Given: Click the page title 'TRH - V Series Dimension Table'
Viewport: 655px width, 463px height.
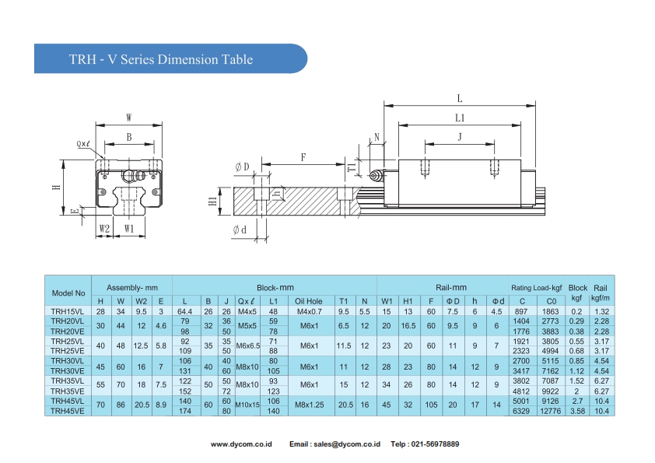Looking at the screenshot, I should (x=160, y=59).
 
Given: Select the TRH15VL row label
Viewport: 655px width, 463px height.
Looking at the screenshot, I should (x=68, y=311).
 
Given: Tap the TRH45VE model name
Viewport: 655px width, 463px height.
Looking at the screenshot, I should (x=68, y=411).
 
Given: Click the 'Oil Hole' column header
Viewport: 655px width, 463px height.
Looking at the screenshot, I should (x=309, y=301).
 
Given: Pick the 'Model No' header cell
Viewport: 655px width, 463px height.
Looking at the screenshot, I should (x=68, y=293).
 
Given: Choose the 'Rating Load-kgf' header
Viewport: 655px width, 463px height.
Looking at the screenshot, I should (x=536, y=287).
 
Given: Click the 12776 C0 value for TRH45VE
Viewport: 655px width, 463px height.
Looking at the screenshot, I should (x=551, y=411).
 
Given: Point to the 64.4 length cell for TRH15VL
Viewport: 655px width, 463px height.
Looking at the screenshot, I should (x=184, y=311).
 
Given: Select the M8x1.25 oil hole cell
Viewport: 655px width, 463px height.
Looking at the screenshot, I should (x=309, y=406).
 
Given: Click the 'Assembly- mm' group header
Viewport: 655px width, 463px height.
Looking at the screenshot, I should (x=132, y=287).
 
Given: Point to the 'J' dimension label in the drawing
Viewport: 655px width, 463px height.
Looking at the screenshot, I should (x=460, y=136).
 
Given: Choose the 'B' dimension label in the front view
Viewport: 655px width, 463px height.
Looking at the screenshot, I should (x=129, y=137).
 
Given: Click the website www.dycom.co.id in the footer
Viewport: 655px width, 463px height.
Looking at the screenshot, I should (x=241, y=444).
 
